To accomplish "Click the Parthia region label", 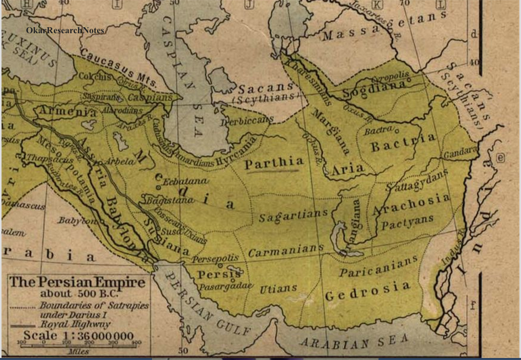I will click(274, 163).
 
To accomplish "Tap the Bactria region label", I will click(403, 143).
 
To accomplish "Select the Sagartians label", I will click(293, 217).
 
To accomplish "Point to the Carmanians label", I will click(285, 250).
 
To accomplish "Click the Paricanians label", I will click(378, 266).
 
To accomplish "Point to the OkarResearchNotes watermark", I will click(65, 31).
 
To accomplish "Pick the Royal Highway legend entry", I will click(76, 325).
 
